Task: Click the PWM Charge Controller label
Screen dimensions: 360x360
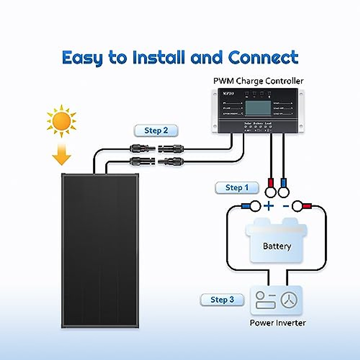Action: (258, 81)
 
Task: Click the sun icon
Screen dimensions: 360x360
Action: (61, 121)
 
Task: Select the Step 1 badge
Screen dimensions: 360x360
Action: (237, 188)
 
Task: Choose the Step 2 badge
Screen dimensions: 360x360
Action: (156, 130)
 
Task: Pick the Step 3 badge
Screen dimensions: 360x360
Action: (222, 300)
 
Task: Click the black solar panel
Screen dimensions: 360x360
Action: (100, 250)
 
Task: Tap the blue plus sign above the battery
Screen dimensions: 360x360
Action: (268, 206)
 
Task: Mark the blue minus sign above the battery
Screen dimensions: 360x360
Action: (286, 206)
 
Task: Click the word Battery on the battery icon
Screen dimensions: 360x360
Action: (277, 246)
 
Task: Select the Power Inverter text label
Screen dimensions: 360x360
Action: (277, 323)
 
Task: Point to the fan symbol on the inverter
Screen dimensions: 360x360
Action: (289, 300)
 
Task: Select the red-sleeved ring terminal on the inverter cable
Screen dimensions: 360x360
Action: (301, 206)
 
